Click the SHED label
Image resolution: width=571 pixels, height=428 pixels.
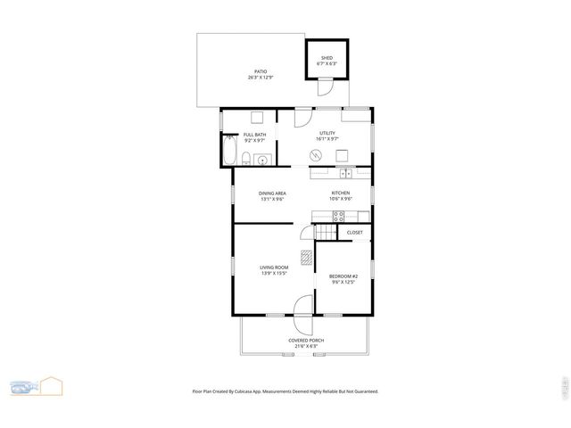click(327, 58)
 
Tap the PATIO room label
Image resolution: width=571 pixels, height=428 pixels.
click(261, 71)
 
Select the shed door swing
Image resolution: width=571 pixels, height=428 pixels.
click(326, 87)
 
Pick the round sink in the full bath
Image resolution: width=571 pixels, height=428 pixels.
click(261, 160)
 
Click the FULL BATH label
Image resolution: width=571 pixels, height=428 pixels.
click(254, 135)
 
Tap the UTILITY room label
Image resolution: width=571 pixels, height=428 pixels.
click(327, 133)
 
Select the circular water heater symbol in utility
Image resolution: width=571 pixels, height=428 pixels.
click(315, 156)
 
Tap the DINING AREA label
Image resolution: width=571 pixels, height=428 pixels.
click(272, 193)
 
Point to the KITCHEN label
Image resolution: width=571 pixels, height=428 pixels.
click(341, 193)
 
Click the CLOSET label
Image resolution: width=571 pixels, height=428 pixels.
click(354, 232)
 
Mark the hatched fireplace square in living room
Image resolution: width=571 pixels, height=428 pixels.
click(307, 258)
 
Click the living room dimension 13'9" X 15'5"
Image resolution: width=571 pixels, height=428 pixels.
click(273, 273)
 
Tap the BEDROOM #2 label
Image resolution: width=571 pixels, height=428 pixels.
click(343, 276)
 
